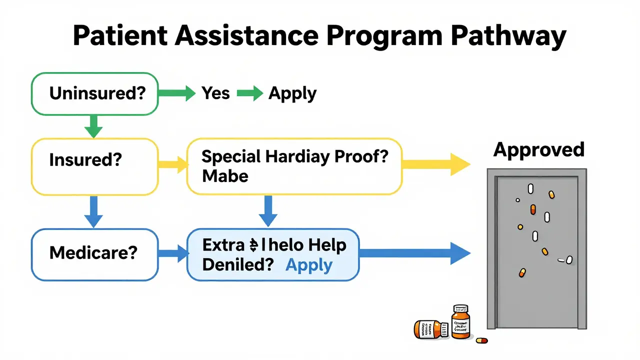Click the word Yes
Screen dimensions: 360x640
coord(215,93)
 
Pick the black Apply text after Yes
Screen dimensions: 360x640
coord(292,94)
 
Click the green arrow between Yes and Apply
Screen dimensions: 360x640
coord(249,93)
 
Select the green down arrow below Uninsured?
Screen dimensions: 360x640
coord(93,126)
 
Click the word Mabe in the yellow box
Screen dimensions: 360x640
coord(225,176)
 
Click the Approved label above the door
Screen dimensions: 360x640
coord(538,149)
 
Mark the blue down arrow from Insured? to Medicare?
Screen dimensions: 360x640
coord(93,211)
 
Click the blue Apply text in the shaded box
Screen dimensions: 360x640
coord(308,265)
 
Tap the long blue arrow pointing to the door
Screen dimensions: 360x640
coord(414,253)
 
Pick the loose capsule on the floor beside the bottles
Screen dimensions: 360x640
coord(481,340)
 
